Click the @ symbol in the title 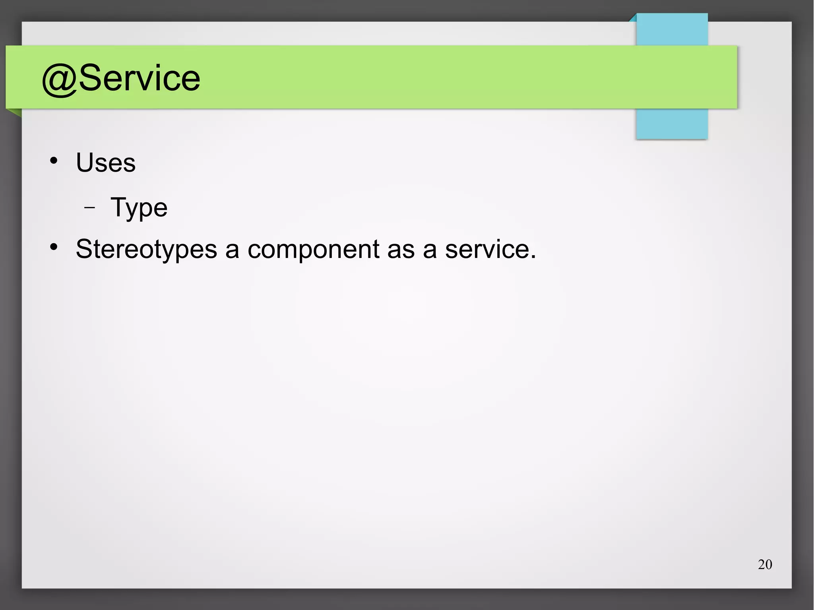point(59,79)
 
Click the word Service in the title point(140,78)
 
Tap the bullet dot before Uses point(54,161)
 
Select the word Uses point(106,163)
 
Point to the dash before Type point(90,207)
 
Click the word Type point(139,208)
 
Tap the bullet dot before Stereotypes point(54,247)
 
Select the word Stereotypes point(146,250)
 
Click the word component point(313,250)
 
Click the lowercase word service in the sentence point(487,250)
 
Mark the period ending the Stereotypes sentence point(533,258)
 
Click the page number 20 point(765,564)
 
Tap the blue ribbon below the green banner point(672,124)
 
